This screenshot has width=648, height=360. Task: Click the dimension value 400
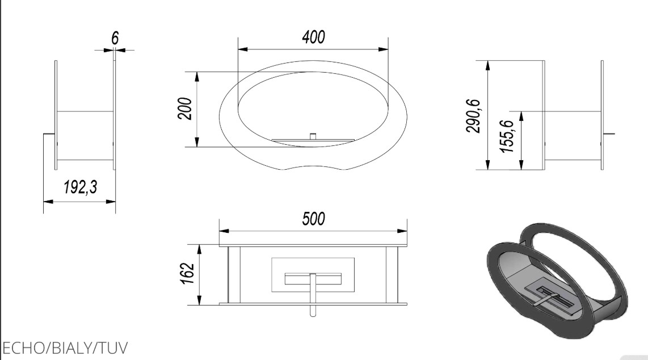(x=314, y=37)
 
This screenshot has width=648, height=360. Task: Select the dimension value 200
(x=185, y=108)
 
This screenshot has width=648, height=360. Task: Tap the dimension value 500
(x=314, y=219)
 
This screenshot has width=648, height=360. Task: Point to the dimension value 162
(x=188, y=273)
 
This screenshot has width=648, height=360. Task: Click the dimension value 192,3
(x=81, y=187)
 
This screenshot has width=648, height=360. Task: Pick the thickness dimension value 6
(x=115, y=38)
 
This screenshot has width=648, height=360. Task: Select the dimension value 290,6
(x=474, y=116)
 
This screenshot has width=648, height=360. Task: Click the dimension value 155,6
(x=507, y=136)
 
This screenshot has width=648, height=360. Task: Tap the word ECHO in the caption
(x=24, y=348)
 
